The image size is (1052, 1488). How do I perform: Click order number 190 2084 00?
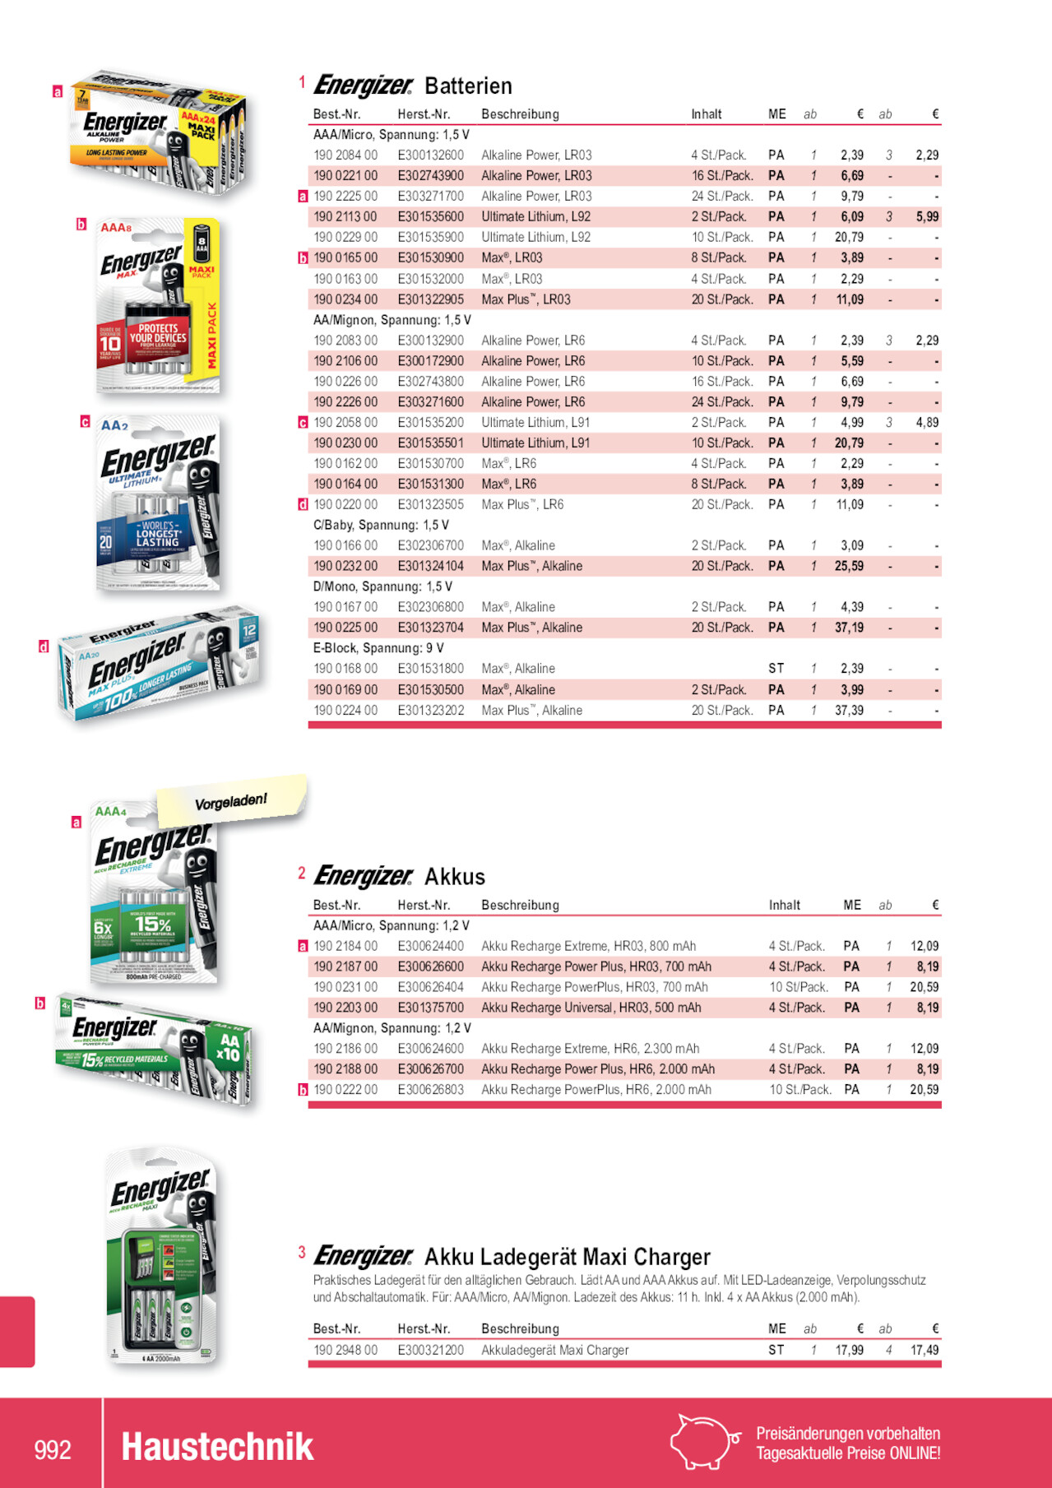pyautogui.click(x=345, y=155)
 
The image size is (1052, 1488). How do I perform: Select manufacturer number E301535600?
pyautogui.click(x=430, y=217)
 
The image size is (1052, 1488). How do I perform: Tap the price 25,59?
pyautogui.click(x=849, y=567)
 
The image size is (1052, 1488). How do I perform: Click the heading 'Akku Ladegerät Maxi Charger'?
pyautogui.click(x=567, y=1257)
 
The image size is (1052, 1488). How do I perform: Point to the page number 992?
pyautogui.click(x=53, y=1449)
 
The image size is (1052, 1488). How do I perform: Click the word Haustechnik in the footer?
pyautogui.click(x=217, y=1448)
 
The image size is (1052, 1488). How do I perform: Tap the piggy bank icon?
pyautogui.click(x=703, y=1442)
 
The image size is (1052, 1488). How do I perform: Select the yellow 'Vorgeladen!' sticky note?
pyautogui.click(x=231, y=800)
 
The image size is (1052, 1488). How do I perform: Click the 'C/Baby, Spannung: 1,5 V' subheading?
pyautogui.click(x=381, y=526)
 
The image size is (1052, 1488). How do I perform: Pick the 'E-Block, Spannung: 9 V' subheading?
pyautogui.click(x=378, y=648)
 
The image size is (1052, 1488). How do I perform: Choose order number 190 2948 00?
pyautogui.click(x=345, y=1350)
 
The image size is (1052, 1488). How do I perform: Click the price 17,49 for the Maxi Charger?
pyautogui.click(x=925, y=1350)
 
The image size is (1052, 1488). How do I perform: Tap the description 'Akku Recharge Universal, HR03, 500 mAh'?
pyautogui.click(x=591, y=1008)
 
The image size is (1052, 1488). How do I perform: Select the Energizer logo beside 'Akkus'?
pyautogui.click(x=363, y=877)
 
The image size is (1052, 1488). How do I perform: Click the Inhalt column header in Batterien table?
pyautogui.click(x=707, y=114)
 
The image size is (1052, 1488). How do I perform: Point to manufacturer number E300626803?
pyautogui.click(x=430, y=1090)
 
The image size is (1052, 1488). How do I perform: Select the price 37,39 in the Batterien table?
pyautogui.click(x=849, y=711)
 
